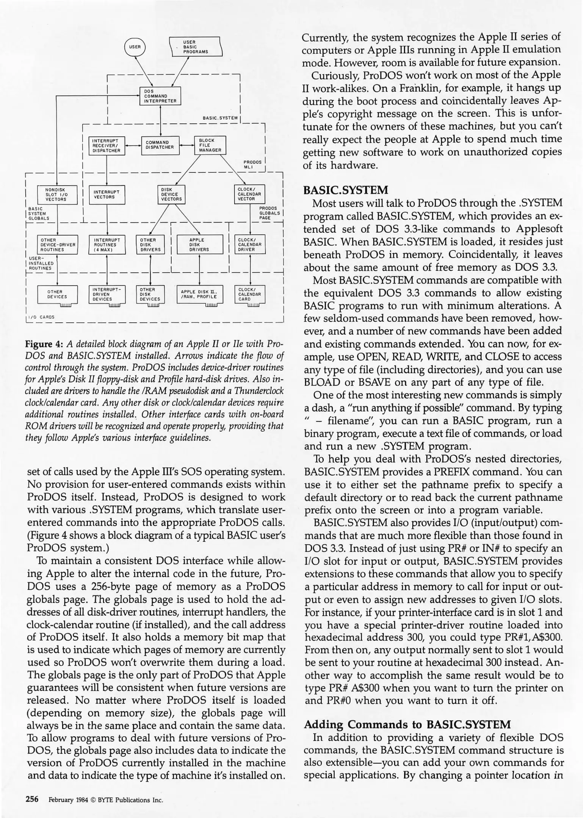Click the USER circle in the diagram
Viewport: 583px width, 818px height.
click(x=135, y=47)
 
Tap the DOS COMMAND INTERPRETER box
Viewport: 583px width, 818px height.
click(x=160, y=95)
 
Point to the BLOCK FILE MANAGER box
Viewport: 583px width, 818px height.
click(x=210, y=145)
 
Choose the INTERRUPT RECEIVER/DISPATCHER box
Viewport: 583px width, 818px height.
click(x=107, y=145)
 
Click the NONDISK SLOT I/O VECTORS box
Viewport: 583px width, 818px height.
click(x=56, y=194)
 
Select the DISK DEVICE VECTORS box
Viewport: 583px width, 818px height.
click(x=171, y=194)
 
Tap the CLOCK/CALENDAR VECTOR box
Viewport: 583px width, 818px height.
click(x=249, y=194)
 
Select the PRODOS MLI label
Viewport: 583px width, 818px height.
click(x=252, y=164)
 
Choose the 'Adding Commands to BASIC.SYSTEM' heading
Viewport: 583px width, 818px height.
click(x=407, y=724)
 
